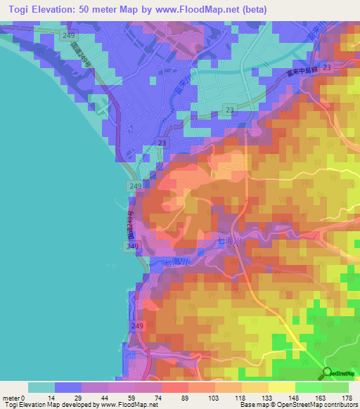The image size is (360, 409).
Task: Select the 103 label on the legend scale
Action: (214, 397)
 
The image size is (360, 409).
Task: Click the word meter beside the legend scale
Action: (10, 397)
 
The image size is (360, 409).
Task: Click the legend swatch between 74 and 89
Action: (174, 387)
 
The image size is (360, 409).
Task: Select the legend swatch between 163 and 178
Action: (335, 387)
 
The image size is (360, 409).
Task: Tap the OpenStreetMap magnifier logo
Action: (327, 373)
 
